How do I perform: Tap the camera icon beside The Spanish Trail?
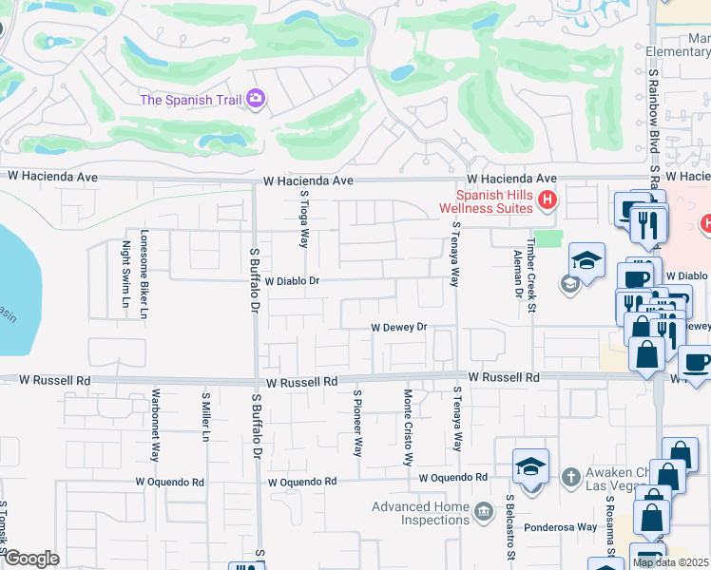pos(255,98)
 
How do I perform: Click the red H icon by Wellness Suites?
pos(547,199)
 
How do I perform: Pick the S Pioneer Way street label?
pos(357,423)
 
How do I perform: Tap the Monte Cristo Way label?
pos(408,427)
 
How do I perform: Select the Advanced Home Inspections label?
pos(421,513)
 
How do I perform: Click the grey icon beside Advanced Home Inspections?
pos(484,513)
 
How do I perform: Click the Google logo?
pos(31,559)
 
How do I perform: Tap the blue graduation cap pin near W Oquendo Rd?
pos(530,465)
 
